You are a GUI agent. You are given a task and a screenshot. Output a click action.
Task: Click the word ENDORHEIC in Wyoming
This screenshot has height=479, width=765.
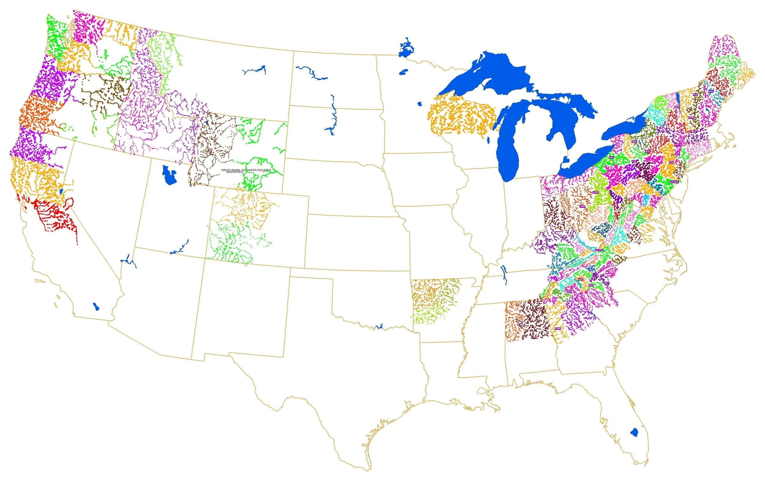click(235, 172)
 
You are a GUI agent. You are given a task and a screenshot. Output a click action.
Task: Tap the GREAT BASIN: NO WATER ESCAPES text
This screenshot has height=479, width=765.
click(246, 170)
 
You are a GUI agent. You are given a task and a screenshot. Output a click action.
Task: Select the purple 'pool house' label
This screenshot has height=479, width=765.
click(674, 182)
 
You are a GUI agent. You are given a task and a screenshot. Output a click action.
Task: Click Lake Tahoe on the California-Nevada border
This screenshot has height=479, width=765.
click(61, 191)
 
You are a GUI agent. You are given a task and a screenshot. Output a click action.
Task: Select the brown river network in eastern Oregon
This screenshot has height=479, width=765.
click(105, 92)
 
